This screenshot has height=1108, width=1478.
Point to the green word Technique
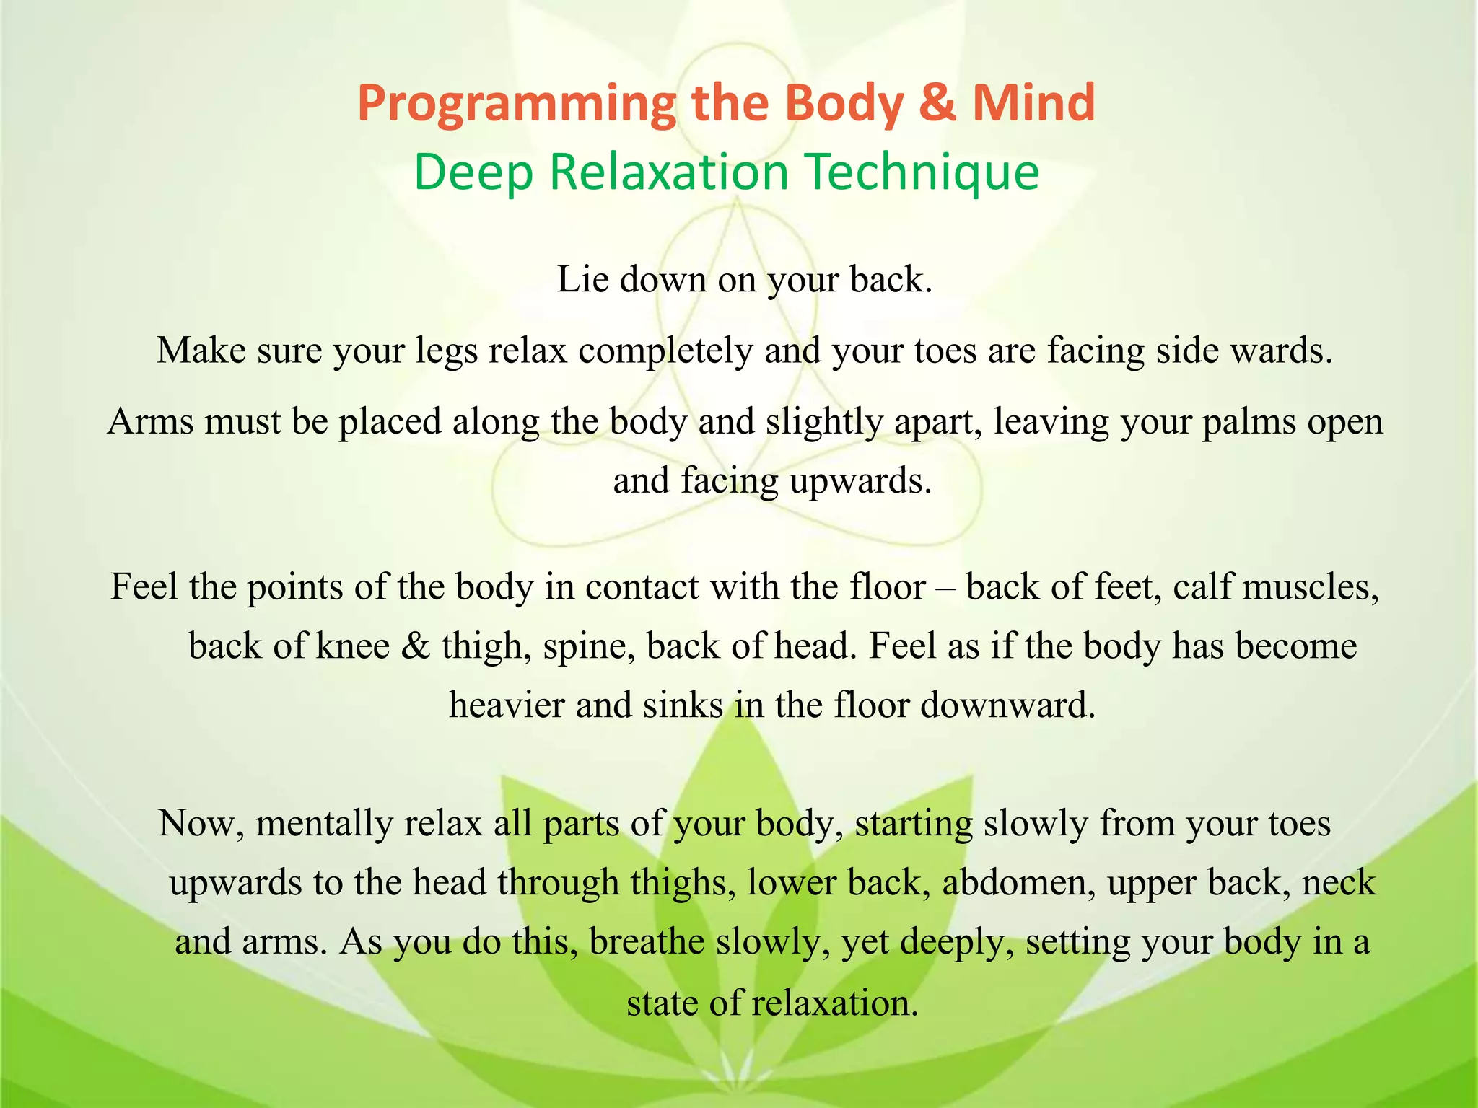point(922,173)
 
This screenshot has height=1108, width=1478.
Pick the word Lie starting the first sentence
point(582,279)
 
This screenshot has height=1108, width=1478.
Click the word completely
point(665,351)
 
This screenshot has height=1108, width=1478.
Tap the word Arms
point(150,421)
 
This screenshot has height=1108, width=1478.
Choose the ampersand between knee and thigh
point(415,646)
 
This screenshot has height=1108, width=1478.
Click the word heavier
point(507,705)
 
